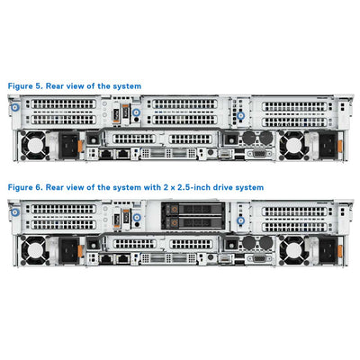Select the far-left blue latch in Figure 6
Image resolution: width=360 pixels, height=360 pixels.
13,212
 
